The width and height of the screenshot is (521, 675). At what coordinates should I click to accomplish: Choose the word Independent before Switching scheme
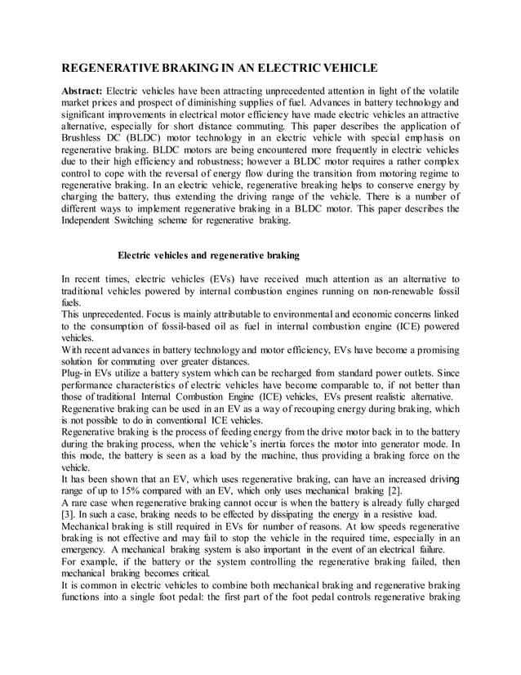tap(93, 220)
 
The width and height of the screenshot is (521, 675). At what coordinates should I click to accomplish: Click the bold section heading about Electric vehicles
tap(208, 255)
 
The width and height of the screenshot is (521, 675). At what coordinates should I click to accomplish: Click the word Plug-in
tap(79, 373)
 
